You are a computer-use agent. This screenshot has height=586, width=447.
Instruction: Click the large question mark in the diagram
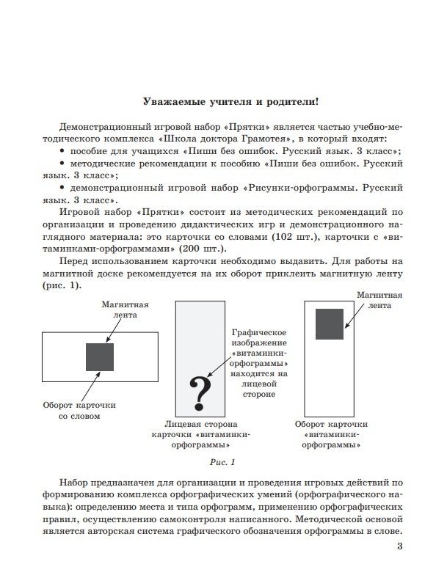point(198,392)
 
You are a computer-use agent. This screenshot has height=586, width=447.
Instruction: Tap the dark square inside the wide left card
point(100,356)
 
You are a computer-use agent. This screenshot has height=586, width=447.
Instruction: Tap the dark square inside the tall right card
point(330,324)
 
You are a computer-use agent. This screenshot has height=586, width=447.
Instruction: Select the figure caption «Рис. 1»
point(222,463)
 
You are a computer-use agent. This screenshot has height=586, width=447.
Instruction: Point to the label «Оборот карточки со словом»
point(79,409)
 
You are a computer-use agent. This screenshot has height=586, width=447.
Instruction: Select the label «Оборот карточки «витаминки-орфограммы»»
point(330,433)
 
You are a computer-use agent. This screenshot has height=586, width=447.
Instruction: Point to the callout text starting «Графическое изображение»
point(257,362)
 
